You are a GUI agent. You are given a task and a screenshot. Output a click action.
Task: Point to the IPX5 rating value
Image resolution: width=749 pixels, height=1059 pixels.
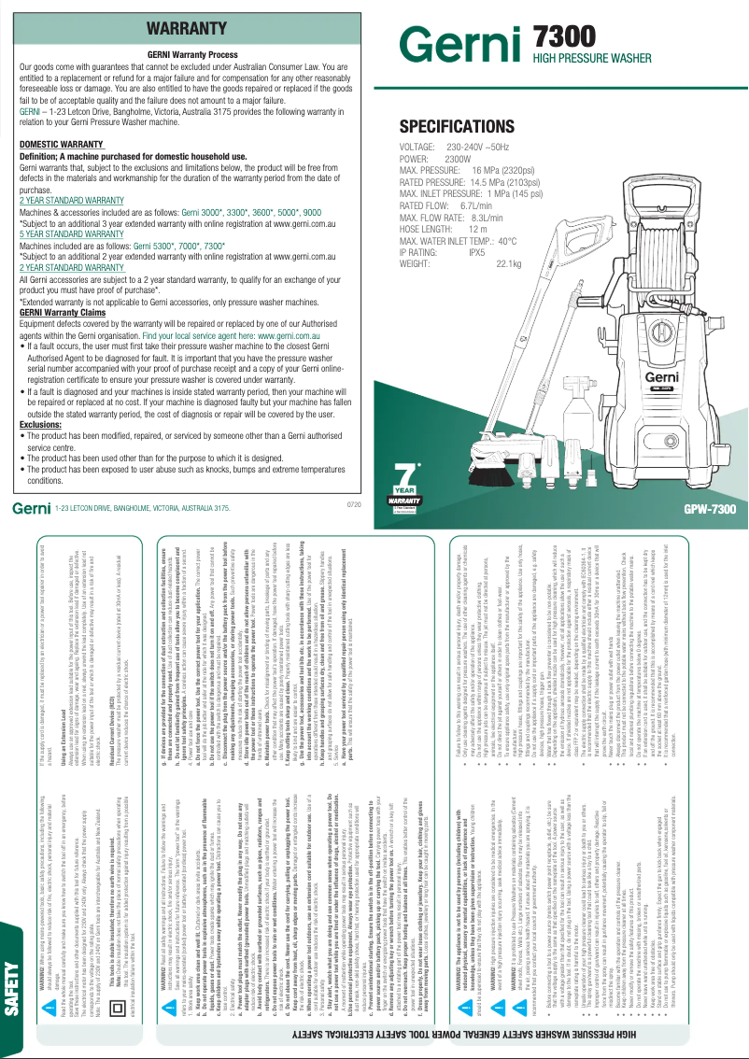(x=476, y=252)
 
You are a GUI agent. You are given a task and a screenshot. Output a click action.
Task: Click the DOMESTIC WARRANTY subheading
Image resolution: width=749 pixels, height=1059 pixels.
(x=62, y=145)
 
